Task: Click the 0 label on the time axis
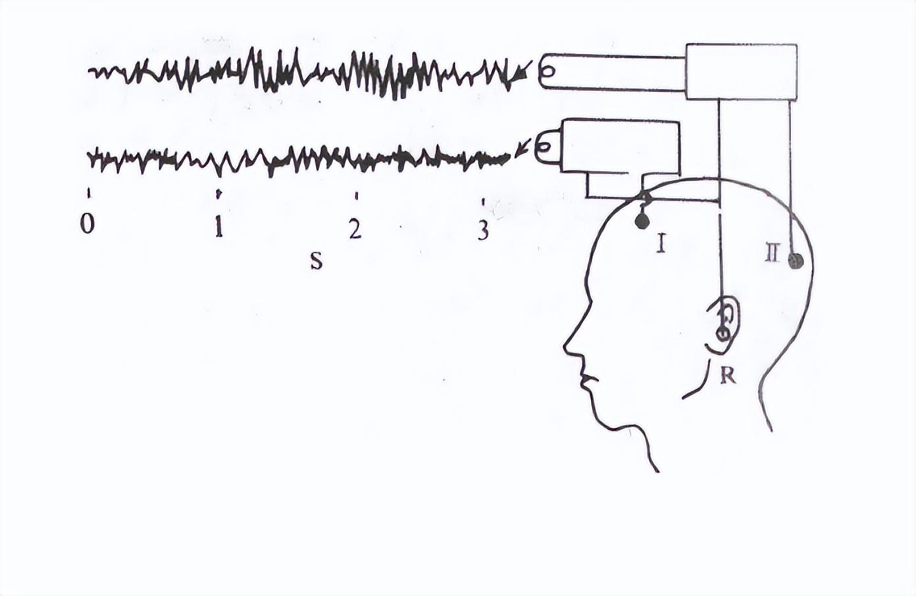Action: coord(87,224)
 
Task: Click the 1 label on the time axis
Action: coord(218,227)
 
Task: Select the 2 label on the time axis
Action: coord(355,228)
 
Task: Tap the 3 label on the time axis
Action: coord(483,230)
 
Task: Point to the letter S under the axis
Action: coord(317,261)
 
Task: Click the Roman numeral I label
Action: coord(661,244)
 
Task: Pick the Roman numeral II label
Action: coord(773,253)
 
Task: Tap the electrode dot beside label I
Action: coord(642,221)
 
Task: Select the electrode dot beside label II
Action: coord(796,261)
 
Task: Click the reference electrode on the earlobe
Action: coord(723,333)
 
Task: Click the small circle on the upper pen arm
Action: coord(548,72)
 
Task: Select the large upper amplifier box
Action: coord(741,72)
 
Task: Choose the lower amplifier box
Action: coord(619,147)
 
